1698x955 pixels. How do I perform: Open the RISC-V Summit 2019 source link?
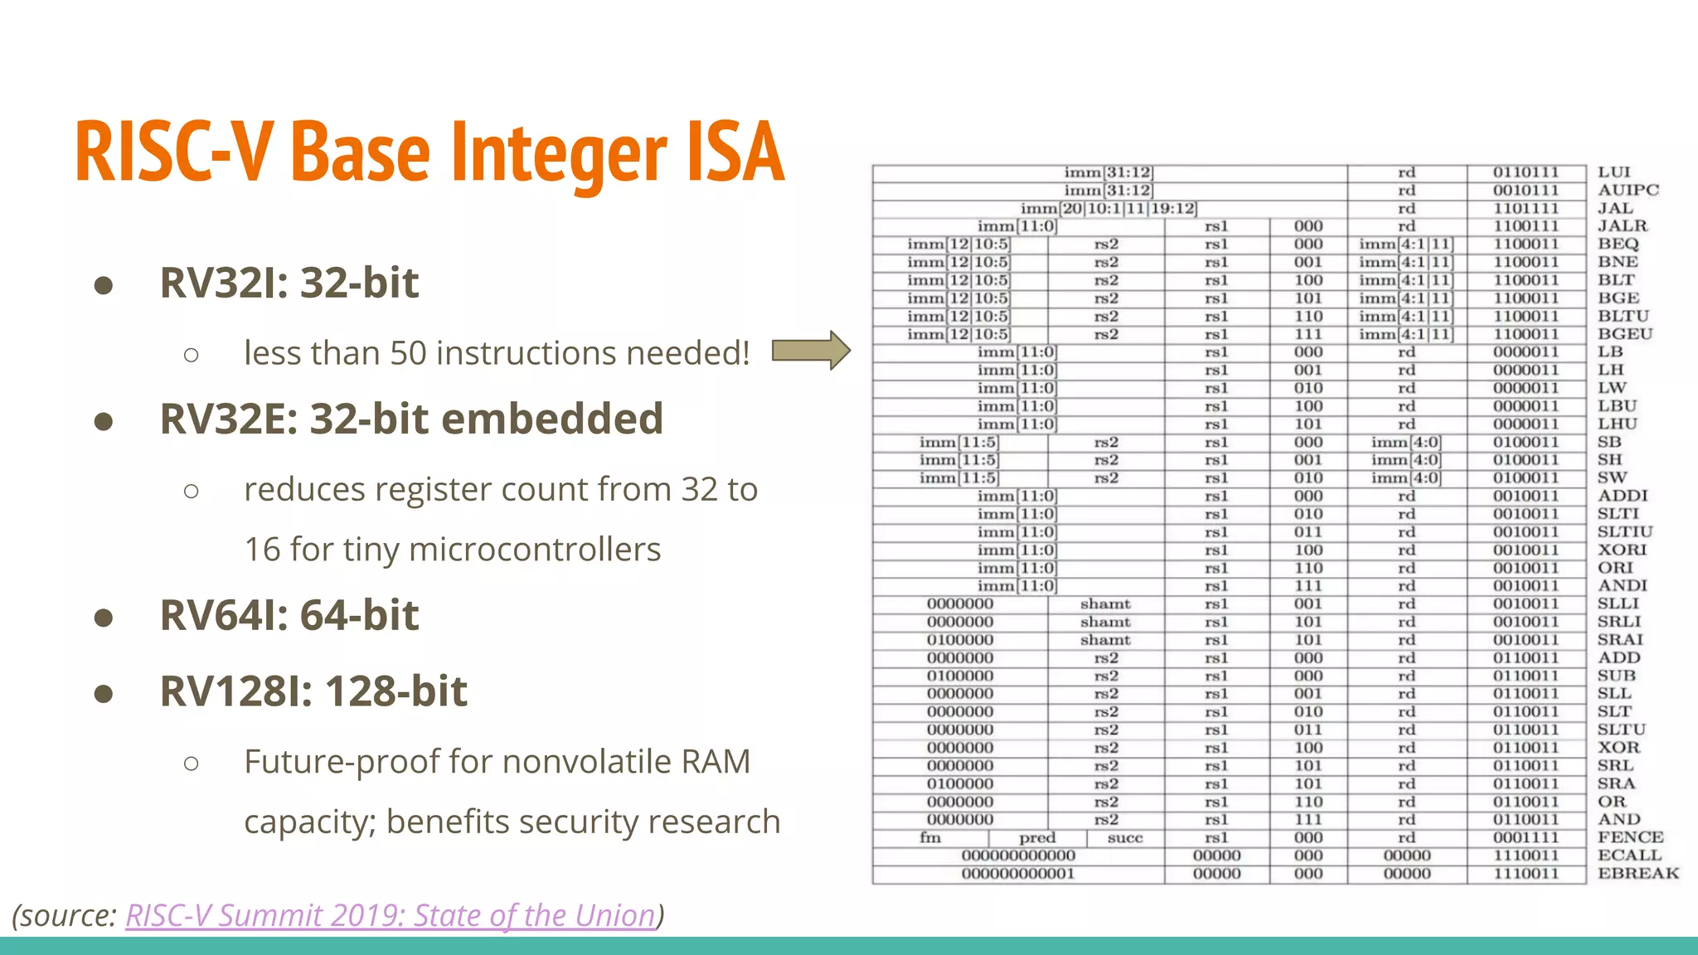click(390, 915)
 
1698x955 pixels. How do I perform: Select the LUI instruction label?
click(1613, 172)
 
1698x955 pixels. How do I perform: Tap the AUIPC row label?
click(1628, 190)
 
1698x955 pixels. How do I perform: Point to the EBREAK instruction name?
click(1637, 874)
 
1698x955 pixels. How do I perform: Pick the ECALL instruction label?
click(1629, 856)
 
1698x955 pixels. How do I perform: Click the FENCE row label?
click(1630, 837)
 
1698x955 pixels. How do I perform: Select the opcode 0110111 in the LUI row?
click(1526, 172)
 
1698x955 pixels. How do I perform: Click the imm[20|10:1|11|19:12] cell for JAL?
click(1109, 208)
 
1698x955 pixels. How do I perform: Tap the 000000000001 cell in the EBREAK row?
click(1017, 874)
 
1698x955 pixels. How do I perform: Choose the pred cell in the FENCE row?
click(1037, 838)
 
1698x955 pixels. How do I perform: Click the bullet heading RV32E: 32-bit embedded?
click(411, 419)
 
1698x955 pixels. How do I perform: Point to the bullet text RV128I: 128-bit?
click(313, 691)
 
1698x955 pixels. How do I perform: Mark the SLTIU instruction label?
click(1624, 532)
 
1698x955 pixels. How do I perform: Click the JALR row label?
click(1622, 226)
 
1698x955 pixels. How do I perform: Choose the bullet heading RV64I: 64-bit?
click(289, 615)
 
